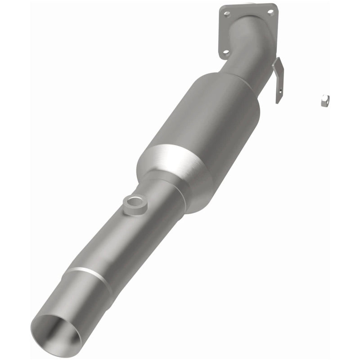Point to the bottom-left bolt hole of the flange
223,54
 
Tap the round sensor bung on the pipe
133,206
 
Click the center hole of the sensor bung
133,203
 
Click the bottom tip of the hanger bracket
278,101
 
